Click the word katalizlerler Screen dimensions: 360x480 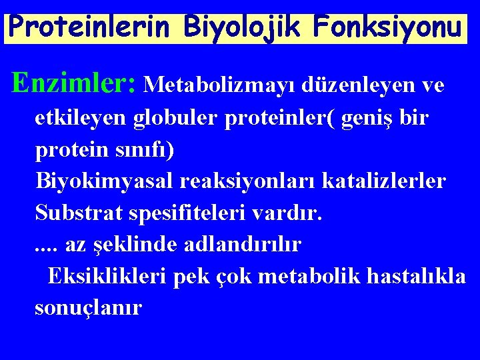click(x=387, y=181)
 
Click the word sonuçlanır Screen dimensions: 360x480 click(x=88, y=308)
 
